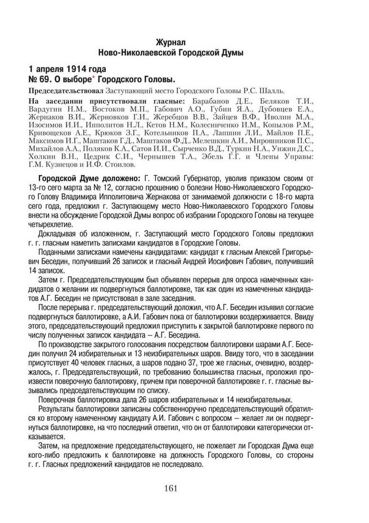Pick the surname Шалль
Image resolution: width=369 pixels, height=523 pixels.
coord(273,90)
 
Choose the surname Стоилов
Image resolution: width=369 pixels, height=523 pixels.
coord(118,166)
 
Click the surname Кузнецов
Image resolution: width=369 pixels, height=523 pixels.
coord(66,166)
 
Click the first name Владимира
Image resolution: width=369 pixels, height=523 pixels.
coord(94,198)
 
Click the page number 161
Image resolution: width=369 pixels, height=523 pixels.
coord(172,488)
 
